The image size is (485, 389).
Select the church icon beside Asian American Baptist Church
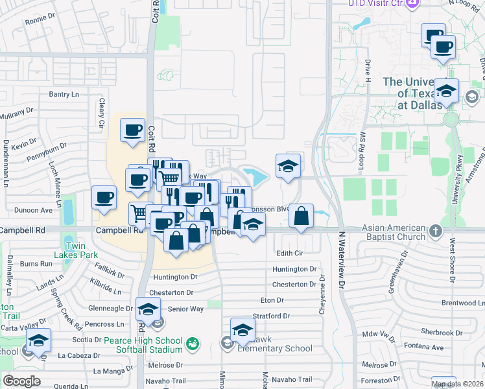pyautogui.click(x=436, y=230)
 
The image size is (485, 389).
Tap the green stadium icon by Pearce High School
pyautogui.click(x=192, y=342)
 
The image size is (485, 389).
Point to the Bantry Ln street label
pyautogui.click(x=64, y=95)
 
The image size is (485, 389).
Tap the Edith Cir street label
pyautogui.click(x=290, y=253)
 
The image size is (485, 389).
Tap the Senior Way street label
pyautogui.click(x=185, y=309)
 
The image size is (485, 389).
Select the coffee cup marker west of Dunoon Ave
pyautogui.click(x=104, y=198)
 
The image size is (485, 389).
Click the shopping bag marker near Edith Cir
pyautogui.click(x=302, y=217)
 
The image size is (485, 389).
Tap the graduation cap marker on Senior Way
pyautogui.click(x=148, y=309)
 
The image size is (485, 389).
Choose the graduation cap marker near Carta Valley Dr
pyautogui.click(x=38, y=340)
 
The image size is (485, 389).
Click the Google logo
pyautogui.click(x=21, y=381)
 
